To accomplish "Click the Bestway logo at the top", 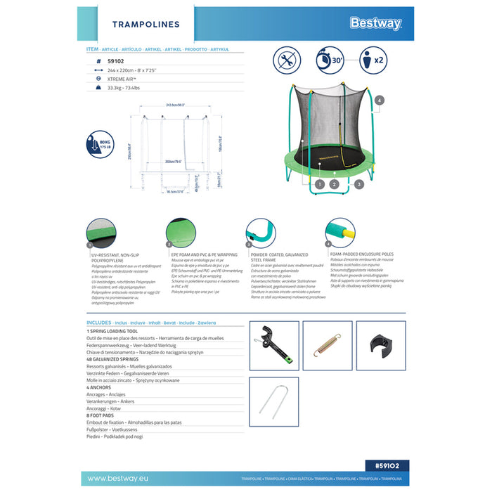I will click(x=376, y=23).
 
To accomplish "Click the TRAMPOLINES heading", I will click(x=146, y=25).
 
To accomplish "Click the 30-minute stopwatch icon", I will click(x=330, y=59).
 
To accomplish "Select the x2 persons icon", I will click(x=373, y=59).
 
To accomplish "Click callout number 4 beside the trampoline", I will click(x=380, y=101).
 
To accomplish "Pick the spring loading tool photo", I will click(x=275, y=345).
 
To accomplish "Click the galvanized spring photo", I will click(x=326, y=346).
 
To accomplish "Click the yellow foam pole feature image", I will click(x=339, y=233).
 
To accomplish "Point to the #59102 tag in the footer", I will click(x=387, y=465).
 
